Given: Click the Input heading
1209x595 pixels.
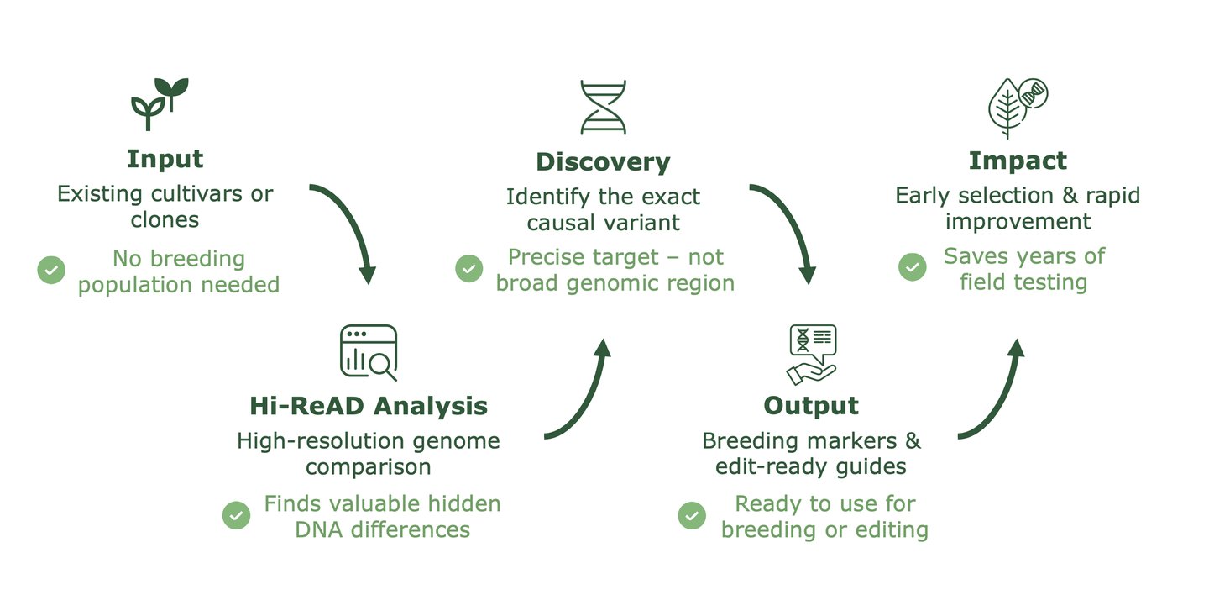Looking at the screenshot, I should pos(165,159).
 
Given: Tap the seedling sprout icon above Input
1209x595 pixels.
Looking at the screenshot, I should pos(160,103).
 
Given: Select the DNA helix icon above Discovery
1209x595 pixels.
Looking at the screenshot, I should pos(603,108).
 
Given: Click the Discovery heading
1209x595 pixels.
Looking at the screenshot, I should pos(603,161).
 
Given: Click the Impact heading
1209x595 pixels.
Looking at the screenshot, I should pos(1018,161).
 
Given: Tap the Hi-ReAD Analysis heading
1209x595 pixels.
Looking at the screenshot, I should pos(369,406).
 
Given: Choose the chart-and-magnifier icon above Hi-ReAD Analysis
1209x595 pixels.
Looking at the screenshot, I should pos(369,352).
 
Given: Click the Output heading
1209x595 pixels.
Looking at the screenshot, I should pos(811,405).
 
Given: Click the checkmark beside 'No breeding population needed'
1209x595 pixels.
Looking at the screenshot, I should pos(51,270).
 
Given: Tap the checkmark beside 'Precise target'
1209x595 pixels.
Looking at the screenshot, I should pos(469,269).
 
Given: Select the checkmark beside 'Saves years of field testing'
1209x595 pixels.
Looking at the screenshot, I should pos(913,267).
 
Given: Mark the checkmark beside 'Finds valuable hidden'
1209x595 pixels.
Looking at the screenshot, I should pos(236,515).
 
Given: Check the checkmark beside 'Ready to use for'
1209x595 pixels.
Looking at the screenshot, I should pos(692,515).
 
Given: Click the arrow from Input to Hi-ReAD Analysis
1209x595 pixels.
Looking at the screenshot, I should pos(353,224).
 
